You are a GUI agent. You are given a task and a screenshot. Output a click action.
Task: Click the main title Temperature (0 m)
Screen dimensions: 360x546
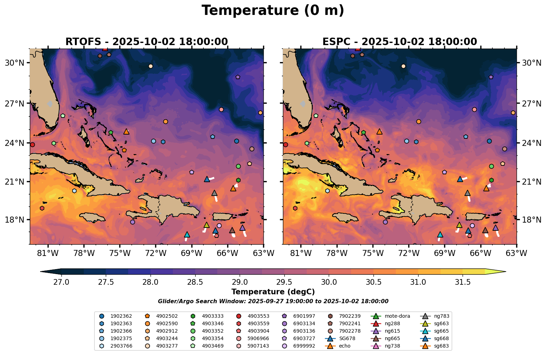tap(273, 11)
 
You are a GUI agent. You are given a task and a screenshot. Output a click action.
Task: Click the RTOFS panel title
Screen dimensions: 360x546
tap(146, 42)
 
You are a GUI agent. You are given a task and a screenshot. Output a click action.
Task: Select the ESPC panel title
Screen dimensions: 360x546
tap(399, 42)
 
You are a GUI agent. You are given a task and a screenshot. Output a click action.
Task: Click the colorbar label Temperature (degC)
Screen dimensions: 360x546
tap(273, 292)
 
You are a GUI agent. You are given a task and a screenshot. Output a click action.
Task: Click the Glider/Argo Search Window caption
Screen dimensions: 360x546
tap(273, 301)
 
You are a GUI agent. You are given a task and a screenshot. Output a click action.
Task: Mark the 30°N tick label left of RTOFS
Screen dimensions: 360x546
tap(15, 63)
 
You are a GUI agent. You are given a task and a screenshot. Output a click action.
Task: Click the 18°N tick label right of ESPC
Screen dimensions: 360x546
tap(531, 220)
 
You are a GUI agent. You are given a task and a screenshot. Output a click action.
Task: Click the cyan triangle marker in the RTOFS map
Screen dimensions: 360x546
tap(187, 235)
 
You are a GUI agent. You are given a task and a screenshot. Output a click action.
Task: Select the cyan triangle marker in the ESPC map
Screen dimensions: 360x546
tap(440, 235)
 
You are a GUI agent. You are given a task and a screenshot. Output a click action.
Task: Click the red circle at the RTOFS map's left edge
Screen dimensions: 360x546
tap(32, 144)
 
